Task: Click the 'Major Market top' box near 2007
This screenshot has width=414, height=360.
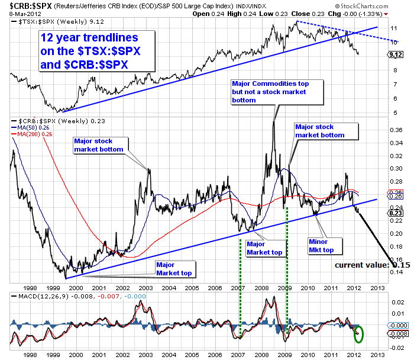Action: tap(264, 248)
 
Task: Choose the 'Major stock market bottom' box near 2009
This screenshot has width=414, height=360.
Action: tap(320, 131)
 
